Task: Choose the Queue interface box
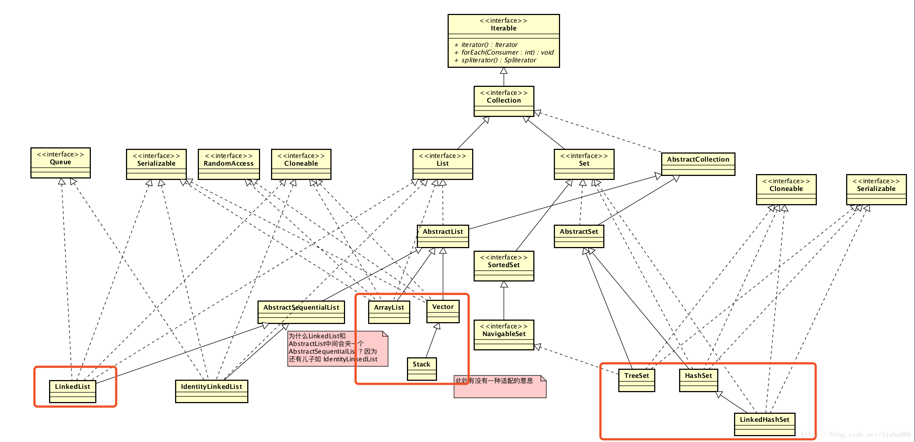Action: point(60,162)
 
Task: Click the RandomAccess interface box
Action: point(229,164)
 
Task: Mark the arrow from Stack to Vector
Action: point(431,341)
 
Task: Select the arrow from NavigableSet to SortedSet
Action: point(504,301)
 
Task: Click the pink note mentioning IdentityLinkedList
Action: point(337,348)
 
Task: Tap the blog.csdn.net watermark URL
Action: point(856,435)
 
